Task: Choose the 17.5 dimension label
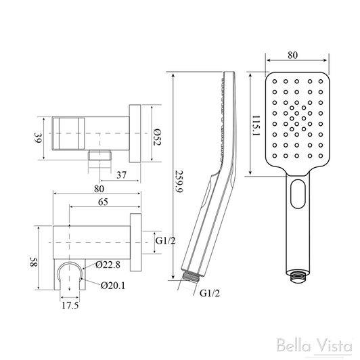(66, 306)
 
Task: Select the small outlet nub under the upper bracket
(101, 154)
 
